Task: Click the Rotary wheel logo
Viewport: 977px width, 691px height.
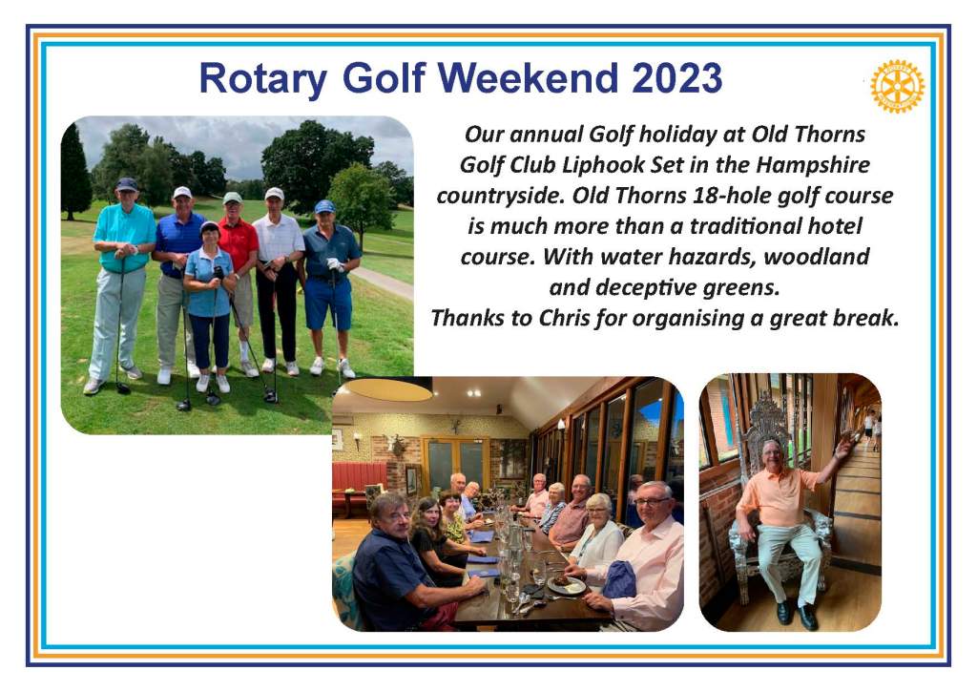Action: point(897,86)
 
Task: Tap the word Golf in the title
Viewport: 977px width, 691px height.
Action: point(384,78)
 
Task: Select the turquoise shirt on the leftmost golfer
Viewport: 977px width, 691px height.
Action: point(125,236)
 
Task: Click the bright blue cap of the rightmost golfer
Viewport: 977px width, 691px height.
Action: point(324,206)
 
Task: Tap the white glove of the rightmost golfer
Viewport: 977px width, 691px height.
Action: point(335,264)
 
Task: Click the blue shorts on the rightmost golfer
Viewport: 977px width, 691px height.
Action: point(328,304)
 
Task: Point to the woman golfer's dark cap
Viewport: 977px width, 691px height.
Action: point(209,226)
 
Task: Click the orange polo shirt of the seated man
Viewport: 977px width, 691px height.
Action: point(777,495)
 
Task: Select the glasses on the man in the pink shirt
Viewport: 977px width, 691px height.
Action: point(652,501)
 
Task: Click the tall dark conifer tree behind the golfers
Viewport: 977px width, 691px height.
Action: point(75,172)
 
